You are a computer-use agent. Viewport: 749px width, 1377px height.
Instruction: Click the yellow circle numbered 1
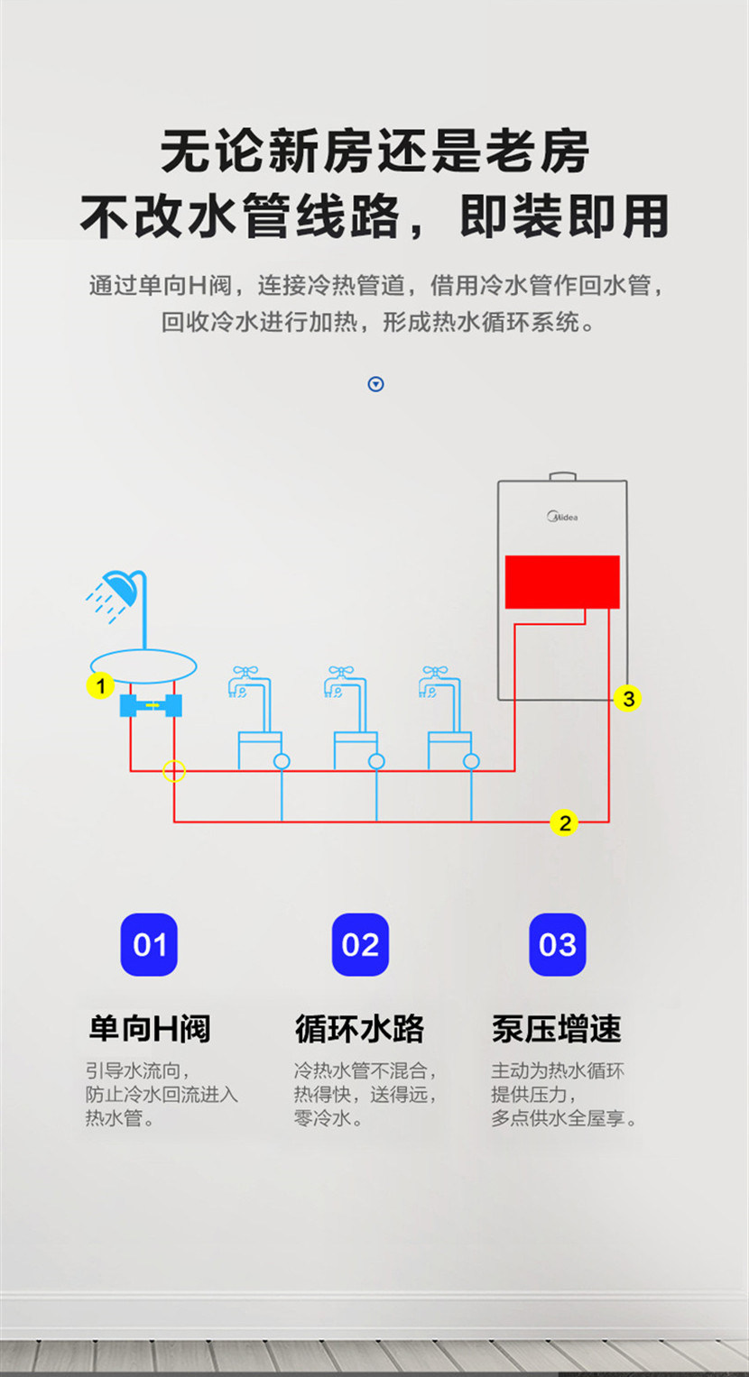click(x=100, y=686)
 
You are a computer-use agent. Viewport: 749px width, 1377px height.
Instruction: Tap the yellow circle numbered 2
click(x=565, y=822)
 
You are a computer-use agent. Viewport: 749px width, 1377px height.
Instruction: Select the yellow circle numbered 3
click(x=628, y=698)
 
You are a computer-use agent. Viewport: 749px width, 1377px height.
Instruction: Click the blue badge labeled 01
click(x=149, y=945)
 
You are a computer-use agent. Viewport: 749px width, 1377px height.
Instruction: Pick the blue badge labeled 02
click(x=360, y=945)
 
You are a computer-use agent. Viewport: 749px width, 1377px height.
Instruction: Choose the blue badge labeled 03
click(x=557, y=945)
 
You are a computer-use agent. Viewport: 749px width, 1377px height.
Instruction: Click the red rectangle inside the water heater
click(x=562, y=582)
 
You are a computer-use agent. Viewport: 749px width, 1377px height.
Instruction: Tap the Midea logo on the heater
click(x=562, y=517)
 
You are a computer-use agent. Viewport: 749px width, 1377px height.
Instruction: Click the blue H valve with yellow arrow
click(x=152, y=706)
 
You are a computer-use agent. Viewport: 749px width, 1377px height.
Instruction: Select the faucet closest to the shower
click(x=246, y=683)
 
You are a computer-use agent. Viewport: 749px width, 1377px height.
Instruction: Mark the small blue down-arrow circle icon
click(x=376, y=384)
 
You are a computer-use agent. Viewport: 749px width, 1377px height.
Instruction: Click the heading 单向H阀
click(x=150, y=1029)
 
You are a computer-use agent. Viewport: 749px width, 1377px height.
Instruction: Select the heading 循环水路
click(x=359, y=1029)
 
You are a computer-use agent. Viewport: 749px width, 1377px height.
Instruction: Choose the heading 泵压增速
click(x=557, y=1029)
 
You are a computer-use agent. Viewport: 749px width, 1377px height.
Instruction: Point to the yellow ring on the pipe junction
click(x=174, y=771)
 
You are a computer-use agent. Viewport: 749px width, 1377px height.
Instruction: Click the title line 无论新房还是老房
click(x=374, y=151)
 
